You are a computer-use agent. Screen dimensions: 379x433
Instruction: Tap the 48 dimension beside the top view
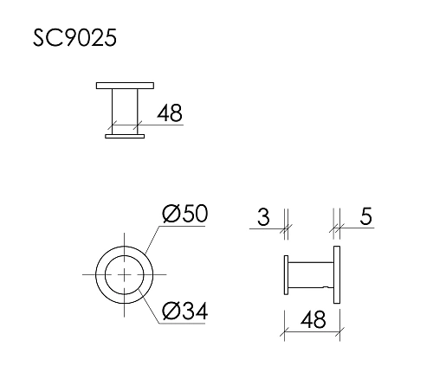(170, 112)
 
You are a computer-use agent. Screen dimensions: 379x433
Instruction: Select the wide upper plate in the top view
(125, 85)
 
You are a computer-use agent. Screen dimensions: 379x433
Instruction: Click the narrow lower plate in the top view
(125, 136)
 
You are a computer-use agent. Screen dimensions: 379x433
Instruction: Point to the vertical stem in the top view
(125, 111)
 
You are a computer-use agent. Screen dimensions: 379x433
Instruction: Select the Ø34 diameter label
(185, 309)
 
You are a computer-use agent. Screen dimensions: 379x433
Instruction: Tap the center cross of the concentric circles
(126, 274)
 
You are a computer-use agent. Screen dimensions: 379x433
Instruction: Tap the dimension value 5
(365, 217)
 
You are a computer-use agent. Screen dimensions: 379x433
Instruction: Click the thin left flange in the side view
(286, 275)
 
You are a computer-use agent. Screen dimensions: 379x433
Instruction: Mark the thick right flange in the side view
(339, 275)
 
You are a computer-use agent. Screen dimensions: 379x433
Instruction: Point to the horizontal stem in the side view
(310, 275)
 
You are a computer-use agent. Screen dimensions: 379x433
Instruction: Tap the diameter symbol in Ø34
(171, 309)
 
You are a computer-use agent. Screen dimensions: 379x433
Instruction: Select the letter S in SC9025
(40, 38)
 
